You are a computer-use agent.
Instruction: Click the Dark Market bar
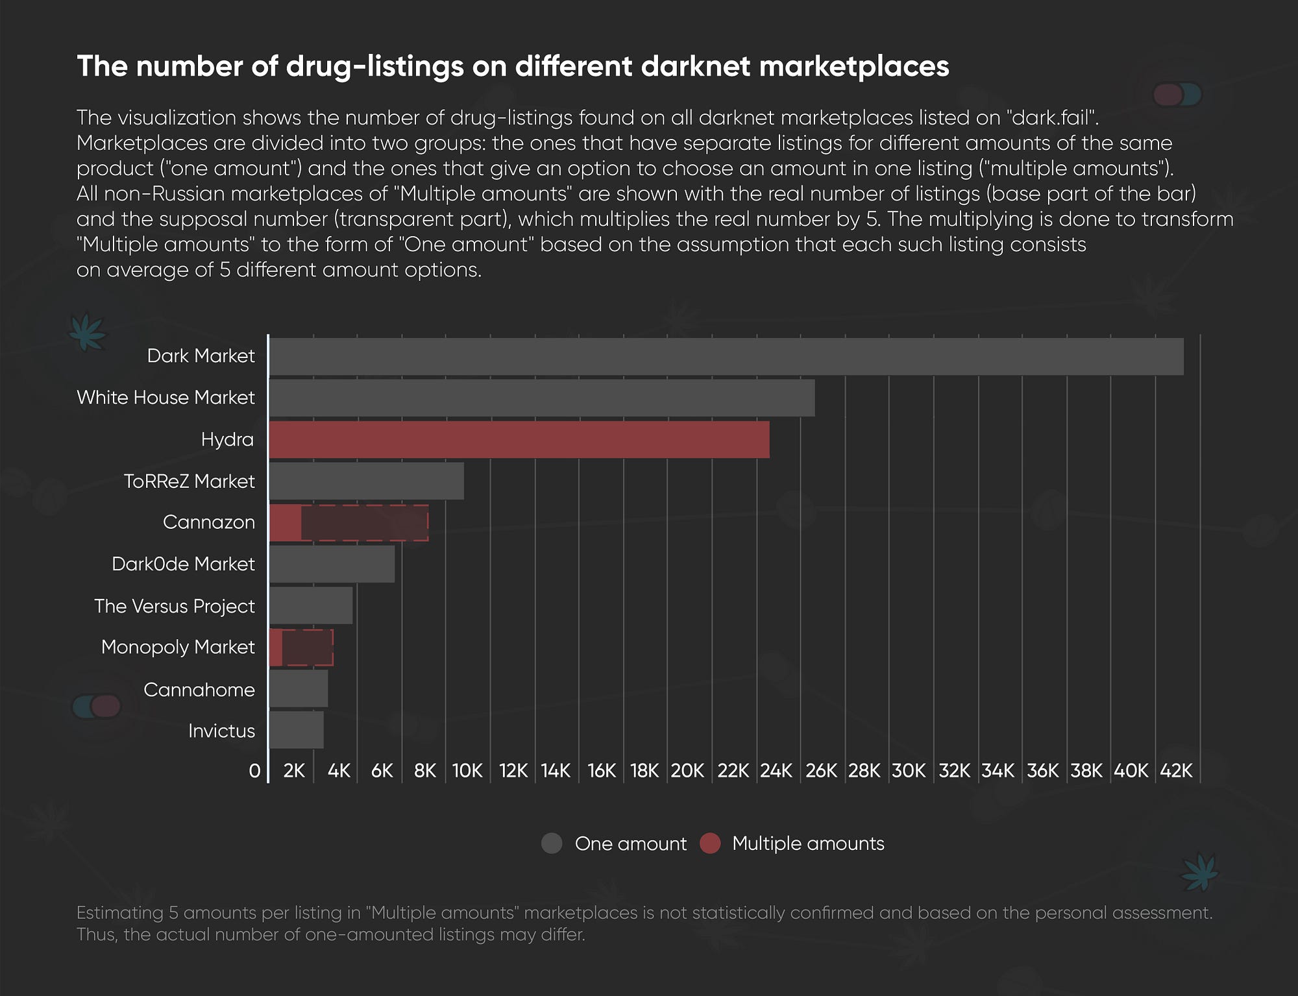tap(726, 356)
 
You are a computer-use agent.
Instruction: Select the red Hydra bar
tap(519, 439)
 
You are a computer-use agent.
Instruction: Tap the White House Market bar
tap(542, 398)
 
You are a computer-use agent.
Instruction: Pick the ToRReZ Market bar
tap(367, 481)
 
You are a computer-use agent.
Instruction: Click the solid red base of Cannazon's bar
tap(286, 522)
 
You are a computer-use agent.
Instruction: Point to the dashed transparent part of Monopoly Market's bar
tap(308, 648)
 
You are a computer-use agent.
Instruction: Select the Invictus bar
tap(297, 730)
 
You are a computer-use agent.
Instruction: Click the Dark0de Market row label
tap(183, 564)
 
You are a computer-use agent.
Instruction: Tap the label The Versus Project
tap(174, 606)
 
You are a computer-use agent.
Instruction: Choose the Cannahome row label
tap(199, 689)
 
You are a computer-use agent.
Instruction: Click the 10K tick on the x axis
tap(467, 771)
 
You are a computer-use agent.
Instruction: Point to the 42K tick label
tap(1176, 771)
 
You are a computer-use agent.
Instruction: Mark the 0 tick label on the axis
tap(254, 771)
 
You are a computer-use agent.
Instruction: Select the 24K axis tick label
tap(776, 771)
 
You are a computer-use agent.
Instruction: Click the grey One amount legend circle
tap(552, 844)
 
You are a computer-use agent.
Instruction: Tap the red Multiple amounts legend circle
tap(710, 844)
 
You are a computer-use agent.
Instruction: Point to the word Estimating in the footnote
tap(119, 913)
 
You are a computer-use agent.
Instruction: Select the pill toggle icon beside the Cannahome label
tap(97, 706)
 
